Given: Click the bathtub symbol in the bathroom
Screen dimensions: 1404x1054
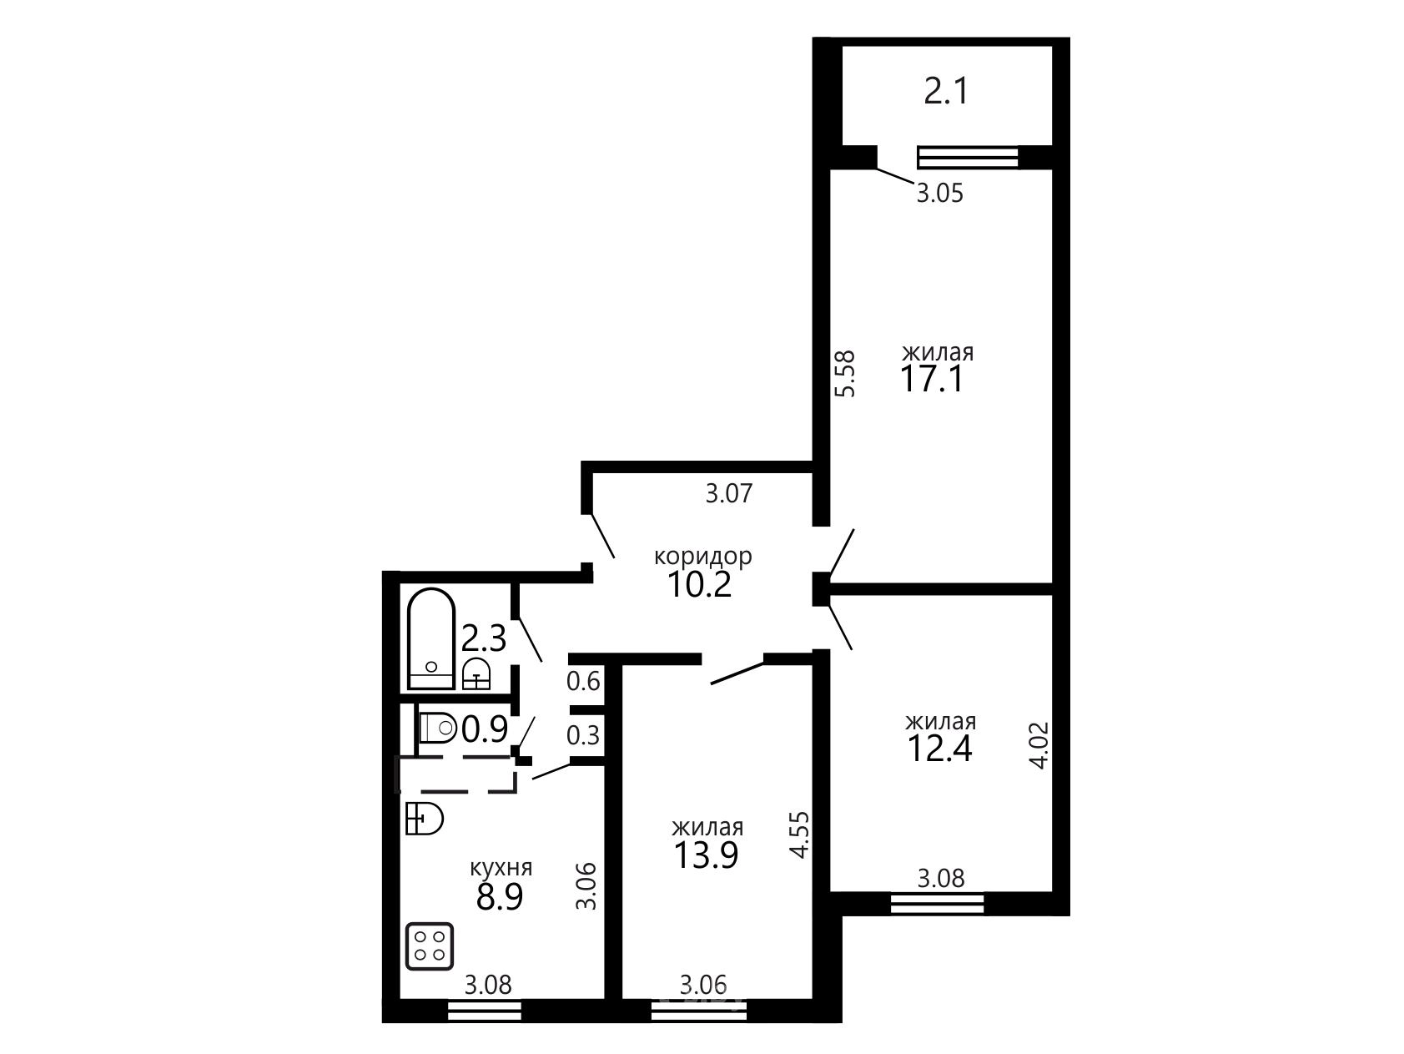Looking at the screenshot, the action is pyautogui.click(x=431, y=639).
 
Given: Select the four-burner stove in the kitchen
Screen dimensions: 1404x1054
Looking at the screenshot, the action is pyautogui.click(x=430, y=946).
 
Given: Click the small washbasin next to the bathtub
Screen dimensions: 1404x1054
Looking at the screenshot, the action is pyautogui.click(x=476, y=673).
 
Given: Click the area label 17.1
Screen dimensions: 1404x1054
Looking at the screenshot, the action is pyautogui.click(x=931, y=381).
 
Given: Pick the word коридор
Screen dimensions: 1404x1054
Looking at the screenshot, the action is pyautogui.click(x=702, y=556).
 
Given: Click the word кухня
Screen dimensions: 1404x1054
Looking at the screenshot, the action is pyautogui.click(x=501, y=868).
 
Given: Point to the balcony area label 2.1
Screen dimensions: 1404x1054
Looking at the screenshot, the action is pyautogui.click(x=947, y=90).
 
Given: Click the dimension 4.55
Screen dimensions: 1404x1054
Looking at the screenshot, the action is pyautogui.click(x=800, y=835).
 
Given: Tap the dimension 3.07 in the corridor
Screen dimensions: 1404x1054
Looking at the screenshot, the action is pyautogui.click(x=729, y=493).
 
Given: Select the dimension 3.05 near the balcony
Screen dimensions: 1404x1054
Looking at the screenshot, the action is pyautogui.click(x=939, y=194).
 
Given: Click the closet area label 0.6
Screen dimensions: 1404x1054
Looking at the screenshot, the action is pyautogui.click(x=583, y=682).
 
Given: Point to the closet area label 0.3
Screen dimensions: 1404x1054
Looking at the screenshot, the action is pyautogui.click(x=583, y=736).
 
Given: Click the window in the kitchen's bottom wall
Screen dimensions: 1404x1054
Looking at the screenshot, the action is pyautogui.click(x=485, y=1011).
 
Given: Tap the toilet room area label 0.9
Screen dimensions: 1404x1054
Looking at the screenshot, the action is pyautogui.click(x=485, y=730).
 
